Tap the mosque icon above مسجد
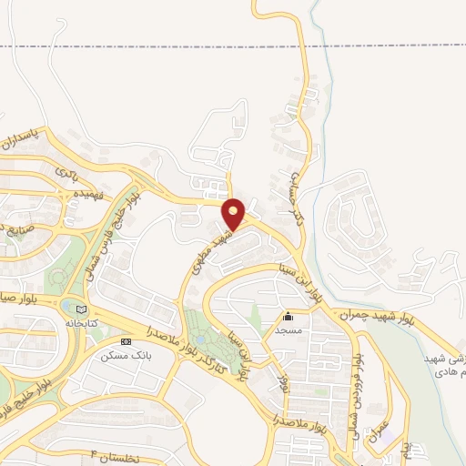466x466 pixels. pyautogui.click(x=289, y=317)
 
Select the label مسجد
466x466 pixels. pyautogui.click(x=289, y=330)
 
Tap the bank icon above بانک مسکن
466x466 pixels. pyautogui.click(x=125, y=342)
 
